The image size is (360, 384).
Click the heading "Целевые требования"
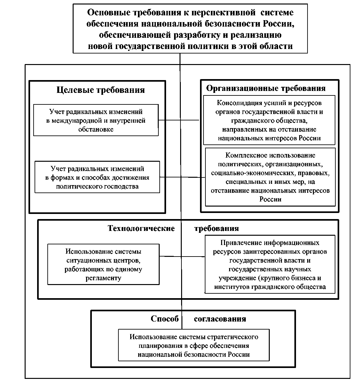[x=100, y=90]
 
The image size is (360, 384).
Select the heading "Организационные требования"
[x=266, y=88]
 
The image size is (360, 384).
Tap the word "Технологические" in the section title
[x=141, y=228]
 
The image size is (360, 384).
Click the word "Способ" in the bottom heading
[x=164, y=319]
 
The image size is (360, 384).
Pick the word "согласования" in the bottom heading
[x=220, y=319]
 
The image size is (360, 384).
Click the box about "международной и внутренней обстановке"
[x=96, y=120]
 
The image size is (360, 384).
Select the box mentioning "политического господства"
[x=97, y=177]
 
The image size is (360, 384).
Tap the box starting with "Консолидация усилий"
[x=269, y=120]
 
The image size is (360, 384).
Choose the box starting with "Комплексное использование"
[x=270, y=177]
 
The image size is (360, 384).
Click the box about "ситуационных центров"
[x=103, y=265]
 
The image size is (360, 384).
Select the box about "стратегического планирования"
[x=194, y=346]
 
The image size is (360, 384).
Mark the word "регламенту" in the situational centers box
[x=103, y=278]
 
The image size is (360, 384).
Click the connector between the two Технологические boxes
[x=182, y=256]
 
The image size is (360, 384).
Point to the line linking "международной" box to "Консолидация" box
[x=179, y=120]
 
